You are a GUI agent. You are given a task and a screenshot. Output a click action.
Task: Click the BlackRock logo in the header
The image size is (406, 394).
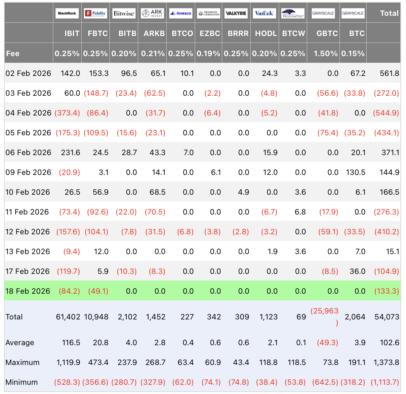(x=67, y=13)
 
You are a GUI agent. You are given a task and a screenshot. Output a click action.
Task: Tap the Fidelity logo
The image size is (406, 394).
(x=95, y=13)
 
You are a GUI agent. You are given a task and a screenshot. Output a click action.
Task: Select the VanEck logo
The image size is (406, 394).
(x=264, y=13)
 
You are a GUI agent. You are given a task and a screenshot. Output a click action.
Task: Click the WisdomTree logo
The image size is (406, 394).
(x=293, y=13)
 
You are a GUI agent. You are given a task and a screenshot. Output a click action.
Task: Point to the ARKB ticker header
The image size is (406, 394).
(x=154, y=33)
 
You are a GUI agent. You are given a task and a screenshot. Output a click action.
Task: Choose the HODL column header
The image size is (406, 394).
(x=266, y=33)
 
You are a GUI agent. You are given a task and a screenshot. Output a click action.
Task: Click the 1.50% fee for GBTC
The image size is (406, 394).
(x=326, y=53)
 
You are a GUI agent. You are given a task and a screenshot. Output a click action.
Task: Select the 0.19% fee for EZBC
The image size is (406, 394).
(x=208, y=53)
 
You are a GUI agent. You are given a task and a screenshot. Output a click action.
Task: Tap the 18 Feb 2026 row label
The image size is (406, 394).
(x=28, y=291)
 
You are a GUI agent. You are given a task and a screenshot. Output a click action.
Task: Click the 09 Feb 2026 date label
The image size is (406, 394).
(x=28, y=172)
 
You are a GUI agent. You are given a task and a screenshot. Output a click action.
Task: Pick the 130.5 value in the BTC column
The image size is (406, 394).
(x=355, y=172)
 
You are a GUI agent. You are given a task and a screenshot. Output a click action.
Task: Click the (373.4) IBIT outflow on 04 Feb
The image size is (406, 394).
(x=67, y=113)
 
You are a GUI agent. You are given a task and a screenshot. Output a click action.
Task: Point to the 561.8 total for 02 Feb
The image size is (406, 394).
(x=389, y=73)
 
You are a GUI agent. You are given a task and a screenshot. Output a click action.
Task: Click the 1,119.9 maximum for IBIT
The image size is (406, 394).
(x=68, y=362)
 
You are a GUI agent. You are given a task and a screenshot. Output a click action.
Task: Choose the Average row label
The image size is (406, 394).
(x=20, y=343)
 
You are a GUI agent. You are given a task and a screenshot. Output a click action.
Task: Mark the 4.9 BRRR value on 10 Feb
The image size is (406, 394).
(x=243, y=192)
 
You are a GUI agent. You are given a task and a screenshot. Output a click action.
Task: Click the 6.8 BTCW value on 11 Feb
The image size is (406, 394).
(x=300, y=212)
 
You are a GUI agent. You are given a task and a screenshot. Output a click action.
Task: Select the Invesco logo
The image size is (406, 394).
(x=181, y=13)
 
